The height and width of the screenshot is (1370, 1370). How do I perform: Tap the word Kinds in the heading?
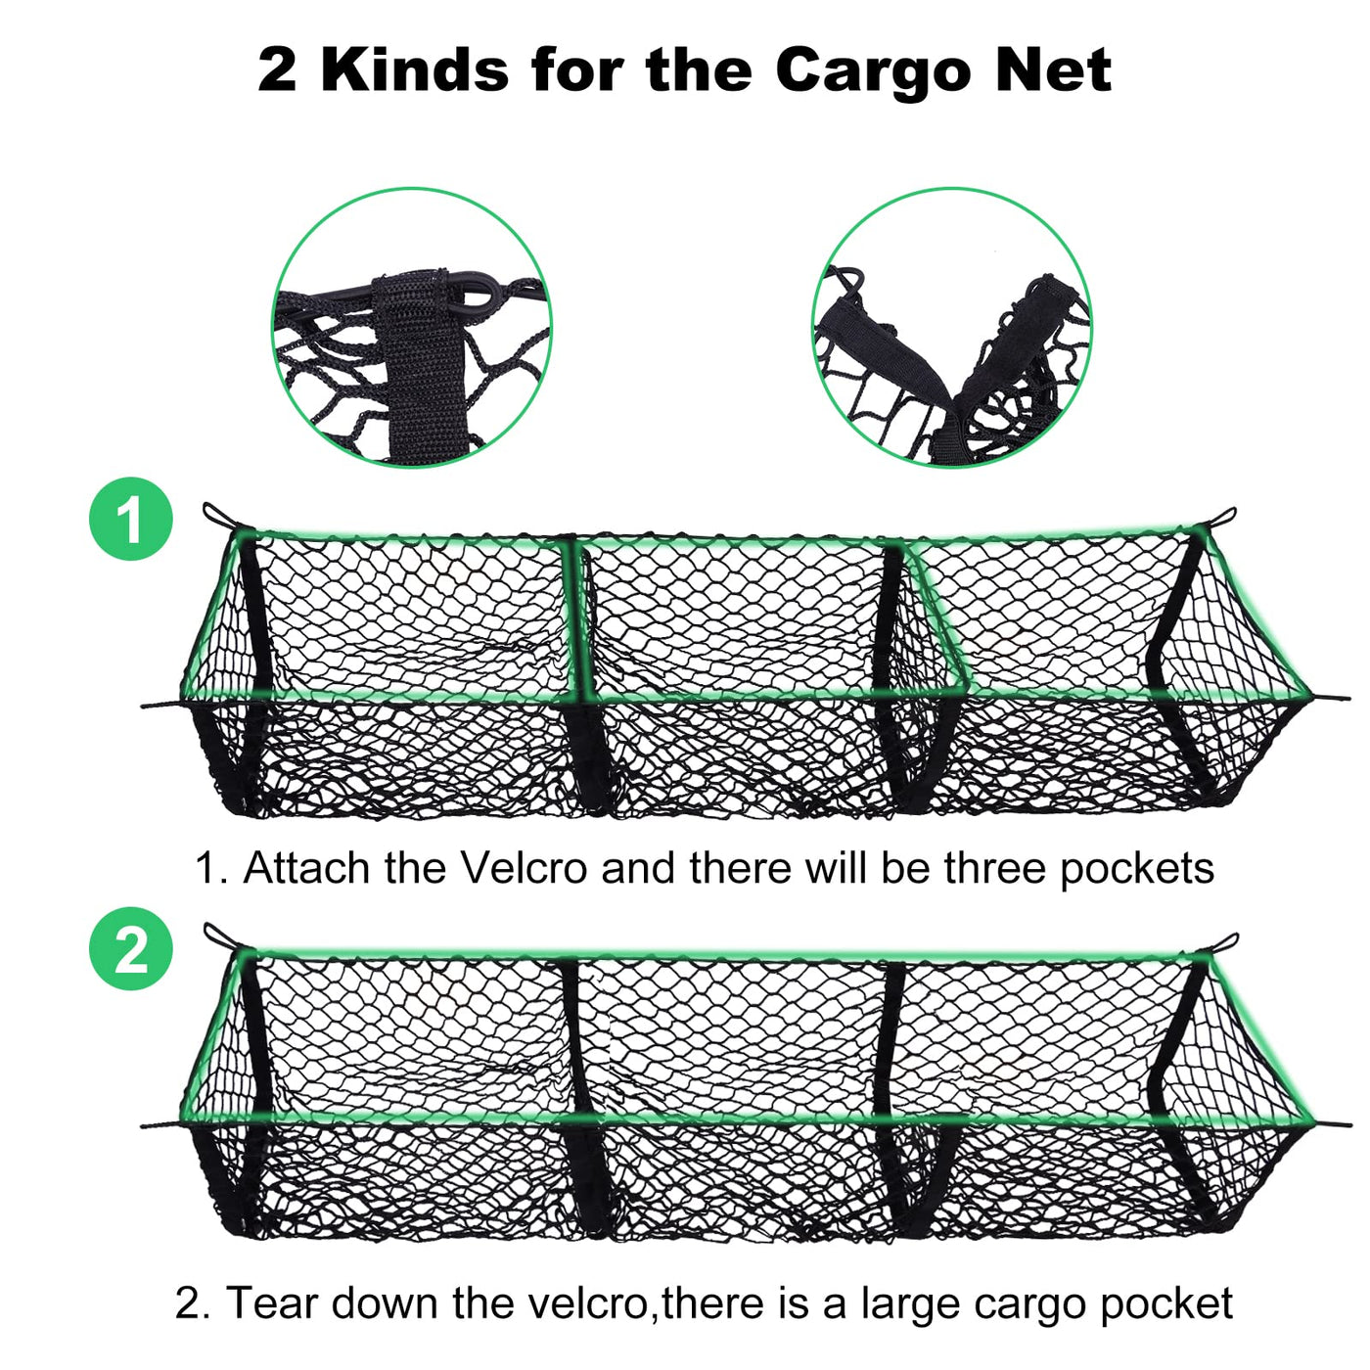coord(415,70)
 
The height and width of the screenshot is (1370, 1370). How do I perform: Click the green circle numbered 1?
coord(131,519)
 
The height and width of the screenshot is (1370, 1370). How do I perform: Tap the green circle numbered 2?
coord(131,949)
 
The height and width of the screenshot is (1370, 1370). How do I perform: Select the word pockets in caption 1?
coord(1136,870)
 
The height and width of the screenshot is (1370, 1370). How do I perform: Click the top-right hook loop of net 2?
coord(1223,943)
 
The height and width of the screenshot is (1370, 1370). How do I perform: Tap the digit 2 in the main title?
coord(278,70)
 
